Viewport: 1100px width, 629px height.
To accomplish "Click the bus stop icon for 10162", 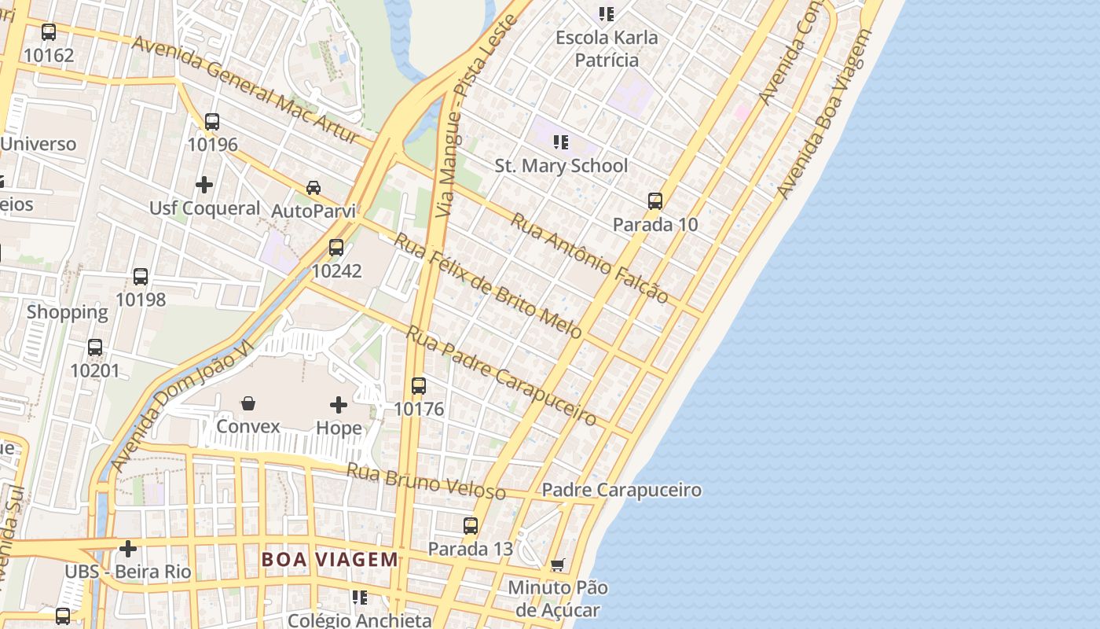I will point(49,32).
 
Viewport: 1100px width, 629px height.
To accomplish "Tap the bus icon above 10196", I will point(211,122).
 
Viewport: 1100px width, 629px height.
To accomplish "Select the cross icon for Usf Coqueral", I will point(204,185).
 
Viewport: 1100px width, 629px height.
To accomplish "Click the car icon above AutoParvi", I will point(313,188).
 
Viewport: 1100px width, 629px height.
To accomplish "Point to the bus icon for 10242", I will point(336,248).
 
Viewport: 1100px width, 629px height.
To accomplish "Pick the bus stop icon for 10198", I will point(141,277).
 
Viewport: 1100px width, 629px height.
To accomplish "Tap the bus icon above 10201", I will point(95,347).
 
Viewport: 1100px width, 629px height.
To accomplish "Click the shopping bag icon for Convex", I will point(248,403).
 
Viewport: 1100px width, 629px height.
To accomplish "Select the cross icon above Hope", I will point(339,405).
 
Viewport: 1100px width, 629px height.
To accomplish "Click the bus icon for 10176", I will point(419,386).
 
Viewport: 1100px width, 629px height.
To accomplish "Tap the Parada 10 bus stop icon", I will point(655,201).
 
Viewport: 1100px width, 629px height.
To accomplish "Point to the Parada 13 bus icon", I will point(471,526).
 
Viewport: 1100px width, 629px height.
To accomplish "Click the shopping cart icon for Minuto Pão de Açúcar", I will point(558,565).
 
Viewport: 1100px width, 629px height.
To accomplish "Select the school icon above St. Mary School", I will point(561,142).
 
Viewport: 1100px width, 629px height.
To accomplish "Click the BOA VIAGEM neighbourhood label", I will point(330,560).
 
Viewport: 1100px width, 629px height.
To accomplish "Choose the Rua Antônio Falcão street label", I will point(589,258).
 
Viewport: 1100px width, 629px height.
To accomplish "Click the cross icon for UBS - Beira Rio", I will point(128,549).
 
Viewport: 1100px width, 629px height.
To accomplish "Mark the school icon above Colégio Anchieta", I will point(360,598).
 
